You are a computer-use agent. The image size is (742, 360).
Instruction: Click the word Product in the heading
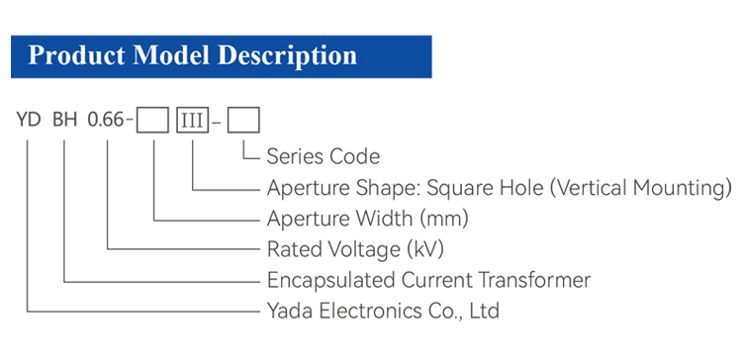[x=77, y=56]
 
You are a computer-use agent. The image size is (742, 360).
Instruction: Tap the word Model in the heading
[x=171, y=55]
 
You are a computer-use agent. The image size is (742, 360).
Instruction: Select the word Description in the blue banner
[x=287, y=56]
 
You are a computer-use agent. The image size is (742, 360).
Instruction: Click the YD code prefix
[x=29, y=120]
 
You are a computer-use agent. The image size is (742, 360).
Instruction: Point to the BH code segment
[x=65, y=120]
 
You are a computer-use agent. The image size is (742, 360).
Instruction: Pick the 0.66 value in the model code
[x=106, y=120]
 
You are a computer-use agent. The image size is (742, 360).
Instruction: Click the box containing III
[x=193, y=120]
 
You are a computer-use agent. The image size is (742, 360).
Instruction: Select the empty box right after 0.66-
[x=152, y=120]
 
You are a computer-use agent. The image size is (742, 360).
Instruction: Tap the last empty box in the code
[x=243, y=120]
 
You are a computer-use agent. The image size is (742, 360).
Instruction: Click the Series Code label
[x=324, y=156]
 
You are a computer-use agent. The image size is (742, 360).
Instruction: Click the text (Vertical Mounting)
[x=641, y=188]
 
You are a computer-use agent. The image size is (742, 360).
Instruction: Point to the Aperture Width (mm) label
[x=368, y=219]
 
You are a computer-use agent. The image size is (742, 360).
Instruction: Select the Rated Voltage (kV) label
[x=355, y=250]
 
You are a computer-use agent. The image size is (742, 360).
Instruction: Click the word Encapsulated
[x=331, y=281]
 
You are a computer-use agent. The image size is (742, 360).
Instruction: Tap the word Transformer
[x=534, y=280]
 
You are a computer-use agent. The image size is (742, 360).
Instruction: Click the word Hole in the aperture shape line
[x=522, y=188]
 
